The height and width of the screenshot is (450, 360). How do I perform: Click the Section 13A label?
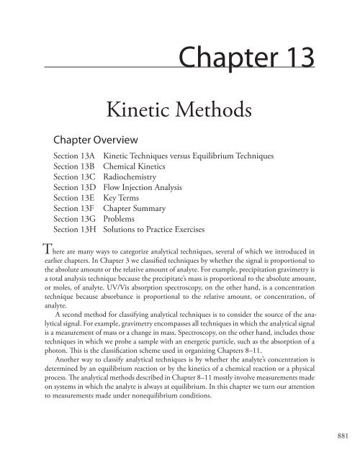tap(75, 156)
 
